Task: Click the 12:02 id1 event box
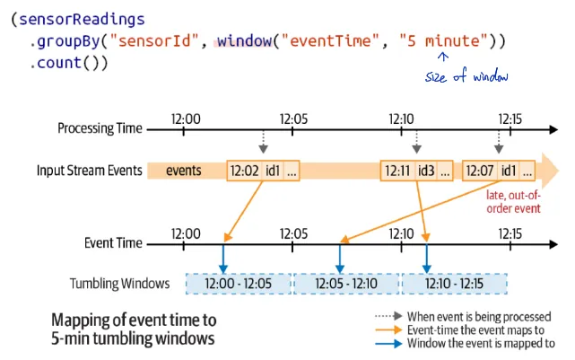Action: pyautogui.click(x=264, y=171)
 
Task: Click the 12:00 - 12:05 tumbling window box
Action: pyautogui.click(x=239, y=284)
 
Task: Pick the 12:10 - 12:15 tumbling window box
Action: pyautogui.click(x=454, y=284)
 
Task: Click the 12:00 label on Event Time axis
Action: pyautogui.click(x=185, y=233)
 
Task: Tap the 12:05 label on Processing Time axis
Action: pyautogui.click(x=293, y=117)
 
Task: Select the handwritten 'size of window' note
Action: pyautogui.click(x=466, y=77)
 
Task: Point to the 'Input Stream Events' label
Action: pyautogui.click(x=89, y=171)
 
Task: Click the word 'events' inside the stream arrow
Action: pyautogui.click(x=184, y=171)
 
